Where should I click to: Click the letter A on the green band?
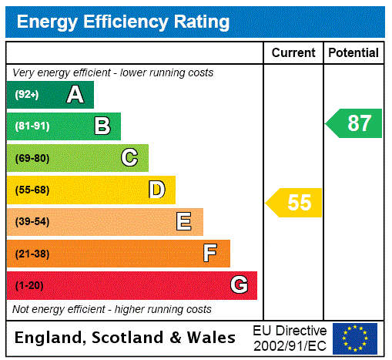coord(75,95)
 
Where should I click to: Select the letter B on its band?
coord(102,126)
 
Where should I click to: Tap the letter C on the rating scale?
coord(129,158)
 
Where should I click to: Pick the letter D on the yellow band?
coord(156,190)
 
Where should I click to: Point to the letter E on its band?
coord(184,222)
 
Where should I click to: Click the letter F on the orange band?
coord(210,254)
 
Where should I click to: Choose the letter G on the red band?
coord(239,285)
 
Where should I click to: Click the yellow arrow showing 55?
coord(295,203)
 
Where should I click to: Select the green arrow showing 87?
coord(354,123)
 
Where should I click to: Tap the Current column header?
coord(293,53)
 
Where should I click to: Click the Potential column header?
coord(353,53)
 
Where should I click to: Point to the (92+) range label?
coord(27,95)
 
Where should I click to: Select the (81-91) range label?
coord(32,126)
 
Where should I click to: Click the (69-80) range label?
coord(32,158)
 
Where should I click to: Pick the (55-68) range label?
coord(32,190)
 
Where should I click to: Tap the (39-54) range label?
coord(32,222)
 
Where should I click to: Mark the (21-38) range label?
coord(32,254)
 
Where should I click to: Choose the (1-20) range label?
coord(29,285)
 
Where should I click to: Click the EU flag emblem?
coord(355,338)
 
